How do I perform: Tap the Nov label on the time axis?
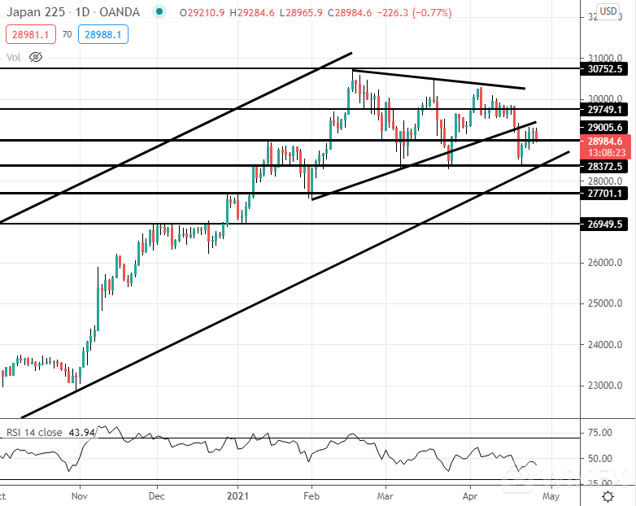(x=79, y=495)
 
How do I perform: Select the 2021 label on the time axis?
(x=237, y=495)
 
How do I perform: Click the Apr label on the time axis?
(x=470, y=495)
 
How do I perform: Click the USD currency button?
(x=608, y=11)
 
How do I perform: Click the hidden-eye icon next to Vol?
(x=35, y=57)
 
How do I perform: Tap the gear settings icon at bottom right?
(x=608, y=495)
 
